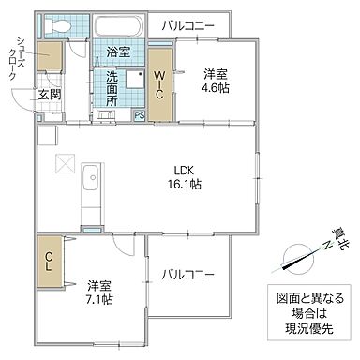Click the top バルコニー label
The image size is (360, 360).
[187, 25]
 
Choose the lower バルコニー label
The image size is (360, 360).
[187, 275]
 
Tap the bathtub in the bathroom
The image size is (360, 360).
[118, 26]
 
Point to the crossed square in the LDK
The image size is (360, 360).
[65, 164]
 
